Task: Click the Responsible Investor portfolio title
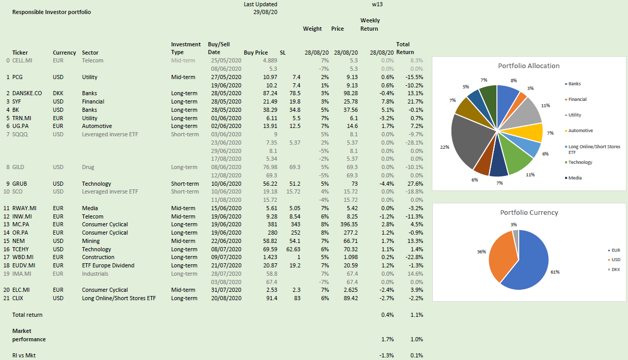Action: [52, 12]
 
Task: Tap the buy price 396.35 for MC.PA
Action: [347, 225]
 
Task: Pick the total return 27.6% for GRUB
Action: [415, 184]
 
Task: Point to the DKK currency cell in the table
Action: [58, 93]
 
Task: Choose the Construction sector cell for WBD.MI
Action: [98, 257]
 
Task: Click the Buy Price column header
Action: [255, 53]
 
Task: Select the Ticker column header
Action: [20, 53]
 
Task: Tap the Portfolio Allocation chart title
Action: [529, 66]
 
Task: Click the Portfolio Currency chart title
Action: [529, 213]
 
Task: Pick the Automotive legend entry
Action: [580, 131]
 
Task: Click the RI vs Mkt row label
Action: [24, 355]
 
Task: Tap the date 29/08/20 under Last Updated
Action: [264, 12]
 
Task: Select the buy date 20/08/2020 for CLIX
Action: [224, 298]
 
